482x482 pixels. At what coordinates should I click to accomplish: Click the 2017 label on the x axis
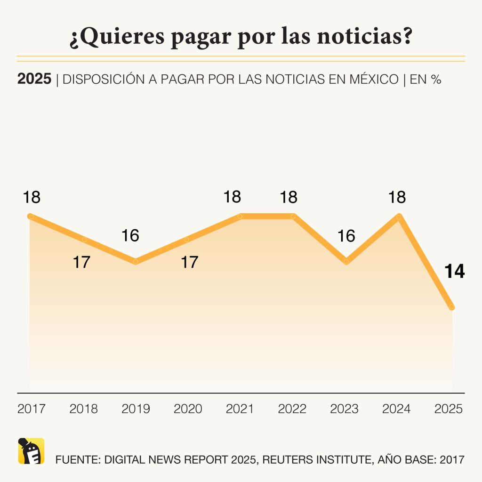[31, 409]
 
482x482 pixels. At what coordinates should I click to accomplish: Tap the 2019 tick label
[136, 409]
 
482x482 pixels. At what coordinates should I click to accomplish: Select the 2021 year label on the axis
[240, 409]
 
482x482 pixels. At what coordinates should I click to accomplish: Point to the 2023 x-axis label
[345, 409]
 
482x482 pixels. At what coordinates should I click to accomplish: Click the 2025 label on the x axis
[449, 409]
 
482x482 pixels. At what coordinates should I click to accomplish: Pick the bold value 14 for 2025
[455, 272]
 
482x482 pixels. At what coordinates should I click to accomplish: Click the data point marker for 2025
[452, 307]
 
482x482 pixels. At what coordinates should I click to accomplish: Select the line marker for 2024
[399, 217]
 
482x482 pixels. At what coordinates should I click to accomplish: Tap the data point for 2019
[136, 262]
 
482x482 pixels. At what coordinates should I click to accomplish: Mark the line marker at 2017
[31, 217]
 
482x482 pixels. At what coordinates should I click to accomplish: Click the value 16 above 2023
[346, 236]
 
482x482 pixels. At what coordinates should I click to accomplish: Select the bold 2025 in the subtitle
[34, 79]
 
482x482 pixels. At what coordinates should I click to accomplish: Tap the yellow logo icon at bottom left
[31, 451]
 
